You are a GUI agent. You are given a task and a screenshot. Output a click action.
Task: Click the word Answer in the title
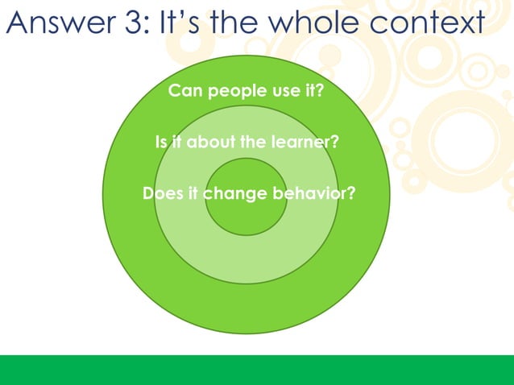tap(61, 24)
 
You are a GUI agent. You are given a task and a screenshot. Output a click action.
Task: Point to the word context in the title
tap(435, 24)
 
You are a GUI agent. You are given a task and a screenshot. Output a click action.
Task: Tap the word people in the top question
tap(234, 91)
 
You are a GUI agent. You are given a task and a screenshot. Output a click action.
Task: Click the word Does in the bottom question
tap(160, 194)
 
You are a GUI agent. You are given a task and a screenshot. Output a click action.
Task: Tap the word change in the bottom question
tap(231, 194)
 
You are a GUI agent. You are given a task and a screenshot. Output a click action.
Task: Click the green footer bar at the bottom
tap(257, 370)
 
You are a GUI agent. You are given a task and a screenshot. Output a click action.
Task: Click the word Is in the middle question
tap(161, 143)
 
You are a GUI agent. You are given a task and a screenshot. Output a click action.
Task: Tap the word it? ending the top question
tap(314, 91)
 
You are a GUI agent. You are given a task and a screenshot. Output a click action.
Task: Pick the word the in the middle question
tap(253, 143)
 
